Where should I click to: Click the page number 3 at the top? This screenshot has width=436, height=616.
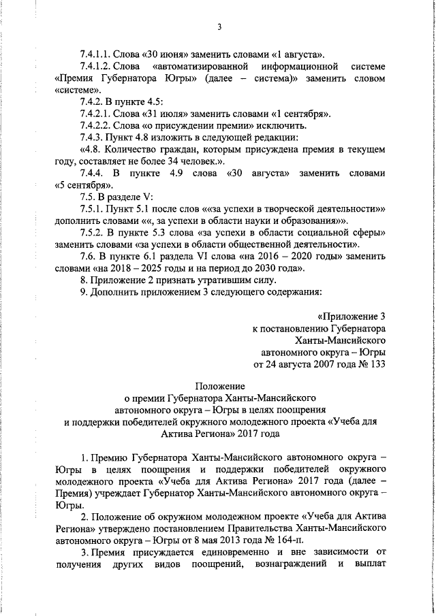[219, 27]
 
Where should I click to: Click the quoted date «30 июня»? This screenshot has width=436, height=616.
[170, 53]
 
